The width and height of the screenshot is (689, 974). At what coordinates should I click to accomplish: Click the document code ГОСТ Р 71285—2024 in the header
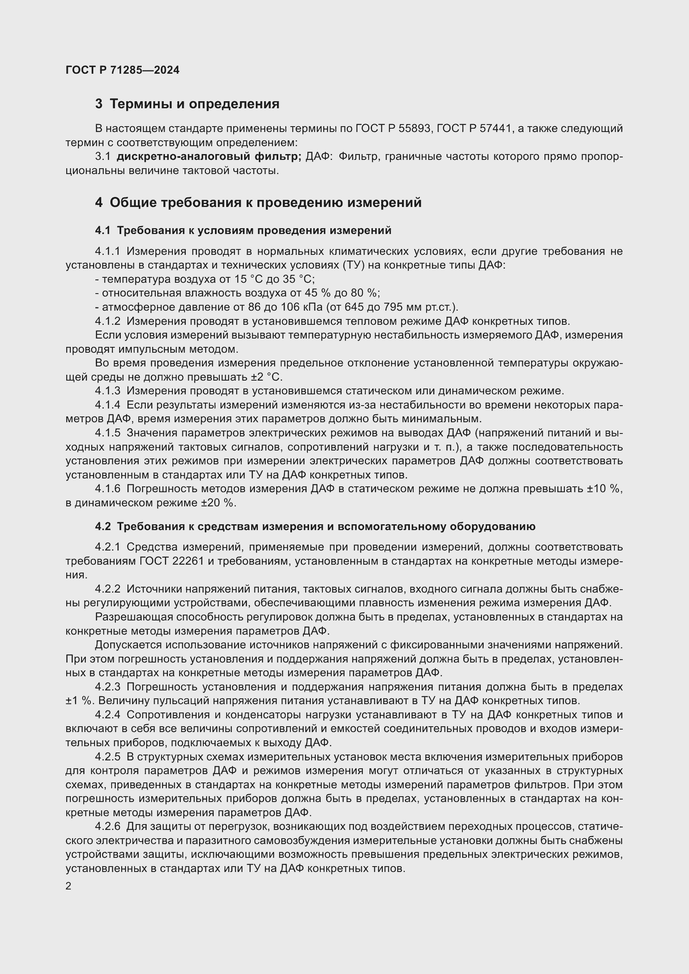pyautogui.click(x=122, y=70)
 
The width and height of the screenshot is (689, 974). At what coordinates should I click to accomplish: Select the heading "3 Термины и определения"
pyautogui.click(x=187, y=104)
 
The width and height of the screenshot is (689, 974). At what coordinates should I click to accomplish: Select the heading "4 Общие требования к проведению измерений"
pyautogui.click(x=258, y=203)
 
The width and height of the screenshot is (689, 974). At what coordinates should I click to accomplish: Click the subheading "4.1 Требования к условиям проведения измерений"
pyautogui.click(x=243, y=230)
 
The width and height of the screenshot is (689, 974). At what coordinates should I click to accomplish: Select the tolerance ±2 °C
pyautogui.click(x=267, y=377)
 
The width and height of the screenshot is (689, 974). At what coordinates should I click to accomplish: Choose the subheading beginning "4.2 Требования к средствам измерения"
pyautogui.click(x=315, y=526)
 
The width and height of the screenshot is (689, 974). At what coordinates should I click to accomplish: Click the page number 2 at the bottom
pyautogui.click(x=68, y=886)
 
